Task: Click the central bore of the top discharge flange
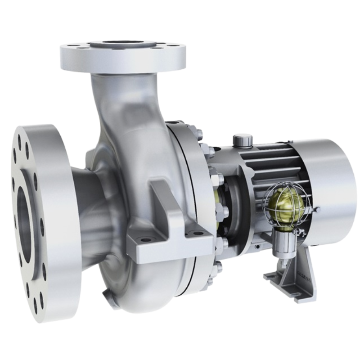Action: pos(122,45)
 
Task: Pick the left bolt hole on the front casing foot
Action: pos(145,240)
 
